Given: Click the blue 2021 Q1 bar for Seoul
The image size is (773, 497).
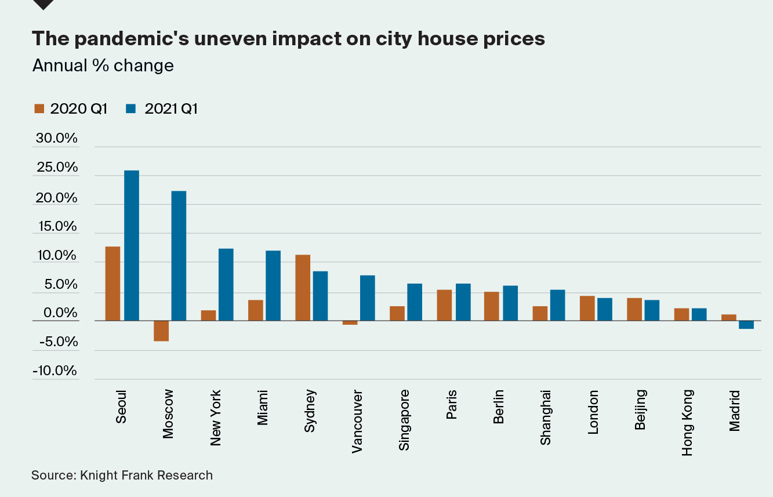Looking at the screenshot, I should click(132, 245).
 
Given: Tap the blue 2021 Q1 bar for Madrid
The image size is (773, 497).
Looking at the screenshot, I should click(746, 325).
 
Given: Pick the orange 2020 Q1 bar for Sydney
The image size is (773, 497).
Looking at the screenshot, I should click(303, 288).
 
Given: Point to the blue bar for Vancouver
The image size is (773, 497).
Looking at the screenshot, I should click(367, 298).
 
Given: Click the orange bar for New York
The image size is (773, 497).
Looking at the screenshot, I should click(208, 315).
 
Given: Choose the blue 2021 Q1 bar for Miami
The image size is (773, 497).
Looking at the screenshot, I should click(273, 285).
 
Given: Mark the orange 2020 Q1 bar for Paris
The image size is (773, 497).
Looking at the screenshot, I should click(444, 305).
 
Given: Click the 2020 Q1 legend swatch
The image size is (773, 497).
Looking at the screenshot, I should click(39, 108).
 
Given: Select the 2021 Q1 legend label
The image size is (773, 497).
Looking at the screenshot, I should click(170, 108).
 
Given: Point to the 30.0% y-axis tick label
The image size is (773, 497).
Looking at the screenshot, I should click(56, 139).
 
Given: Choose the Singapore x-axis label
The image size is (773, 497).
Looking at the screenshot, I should click(405, 419).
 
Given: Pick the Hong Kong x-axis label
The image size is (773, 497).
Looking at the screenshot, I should click(688, 422).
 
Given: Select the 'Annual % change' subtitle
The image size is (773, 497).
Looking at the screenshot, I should click(103, 66).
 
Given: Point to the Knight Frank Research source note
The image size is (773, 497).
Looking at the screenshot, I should click(122, 476).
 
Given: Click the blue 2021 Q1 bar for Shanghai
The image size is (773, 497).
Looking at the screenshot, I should click(557, 305).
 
